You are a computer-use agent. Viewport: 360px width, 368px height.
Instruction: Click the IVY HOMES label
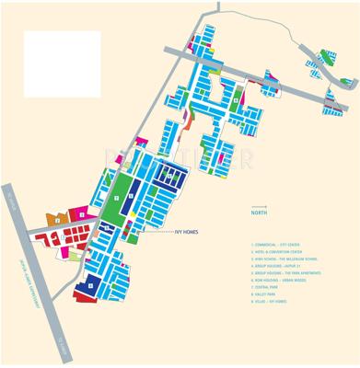click(188, 232)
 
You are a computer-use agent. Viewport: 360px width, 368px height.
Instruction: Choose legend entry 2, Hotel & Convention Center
click(284, 253)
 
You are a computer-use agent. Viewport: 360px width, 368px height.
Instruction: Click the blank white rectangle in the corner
click(62, 63)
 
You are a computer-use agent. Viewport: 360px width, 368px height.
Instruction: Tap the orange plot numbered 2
click(58, 219)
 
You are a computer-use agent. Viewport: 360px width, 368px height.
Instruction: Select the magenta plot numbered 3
click(82, 213)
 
